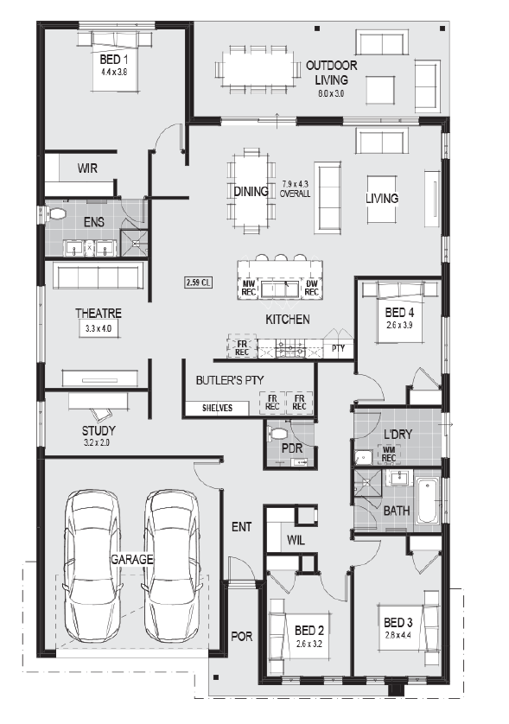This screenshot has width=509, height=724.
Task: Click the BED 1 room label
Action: point(113,59)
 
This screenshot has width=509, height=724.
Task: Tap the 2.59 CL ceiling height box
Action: point(199,283)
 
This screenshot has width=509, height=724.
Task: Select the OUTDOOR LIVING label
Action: point(331,73)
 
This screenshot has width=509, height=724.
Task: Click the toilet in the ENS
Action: point(54,213)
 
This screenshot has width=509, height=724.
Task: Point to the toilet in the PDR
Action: point(277,433)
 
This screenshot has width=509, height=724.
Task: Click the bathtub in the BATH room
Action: point(427,501)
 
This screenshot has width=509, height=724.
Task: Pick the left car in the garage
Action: point(91,566)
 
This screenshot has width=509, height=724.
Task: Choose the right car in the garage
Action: point(172,566)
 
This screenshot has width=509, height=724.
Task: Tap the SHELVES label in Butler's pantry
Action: point(217,408)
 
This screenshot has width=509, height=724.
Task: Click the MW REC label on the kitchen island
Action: point(249,288)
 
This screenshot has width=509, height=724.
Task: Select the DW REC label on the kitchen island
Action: point(311,288)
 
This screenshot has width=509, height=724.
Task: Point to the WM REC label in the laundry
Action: point(389,454)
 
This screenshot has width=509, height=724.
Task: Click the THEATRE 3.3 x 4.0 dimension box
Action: point(99,329)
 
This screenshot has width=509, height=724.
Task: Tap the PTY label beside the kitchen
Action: point(338,348)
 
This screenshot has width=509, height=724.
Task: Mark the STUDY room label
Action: point(99,431)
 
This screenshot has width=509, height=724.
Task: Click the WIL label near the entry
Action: point(296,540)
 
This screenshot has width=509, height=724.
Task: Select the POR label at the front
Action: point(242,636)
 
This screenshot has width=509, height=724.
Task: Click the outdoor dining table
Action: point(258,68)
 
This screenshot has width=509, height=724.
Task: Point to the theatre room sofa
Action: point(98,276)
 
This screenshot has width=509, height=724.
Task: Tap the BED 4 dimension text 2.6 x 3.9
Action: point(399,325)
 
